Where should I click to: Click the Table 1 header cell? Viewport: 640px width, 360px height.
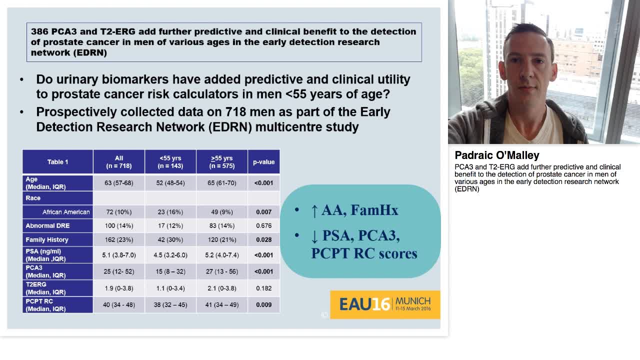tap(57, 162)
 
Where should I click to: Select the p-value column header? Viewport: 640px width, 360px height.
tap(263, 162)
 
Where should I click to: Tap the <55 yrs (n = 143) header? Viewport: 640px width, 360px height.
tap(170, 162)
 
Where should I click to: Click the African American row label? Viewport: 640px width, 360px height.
tap(66, 212)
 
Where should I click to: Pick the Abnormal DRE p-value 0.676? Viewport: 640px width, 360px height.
tap(263, 225)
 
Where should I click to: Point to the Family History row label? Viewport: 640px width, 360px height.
tap(47, 239)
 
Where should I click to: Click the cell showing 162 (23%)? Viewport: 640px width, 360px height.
tap(118, 239)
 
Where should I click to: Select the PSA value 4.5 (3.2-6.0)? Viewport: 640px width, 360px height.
tap(170, 255)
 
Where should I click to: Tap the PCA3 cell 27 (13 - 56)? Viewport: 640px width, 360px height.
tap(221, 271)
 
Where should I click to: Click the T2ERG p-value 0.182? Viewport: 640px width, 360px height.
tap(263, 288)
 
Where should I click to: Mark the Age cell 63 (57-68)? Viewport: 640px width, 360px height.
tap(118, 183)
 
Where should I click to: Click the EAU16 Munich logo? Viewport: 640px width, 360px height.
tap(385, 304)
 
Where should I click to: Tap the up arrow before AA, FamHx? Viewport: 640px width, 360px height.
tap(314, 210)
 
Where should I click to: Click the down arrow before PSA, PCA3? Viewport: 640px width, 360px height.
tap(314, 236)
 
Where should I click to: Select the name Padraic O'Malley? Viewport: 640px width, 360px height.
tap(496, 155)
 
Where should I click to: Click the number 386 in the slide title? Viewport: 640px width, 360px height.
tap(39, 31)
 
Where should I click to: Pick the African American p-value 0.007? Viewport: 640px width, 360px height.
tap(263, 212)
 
